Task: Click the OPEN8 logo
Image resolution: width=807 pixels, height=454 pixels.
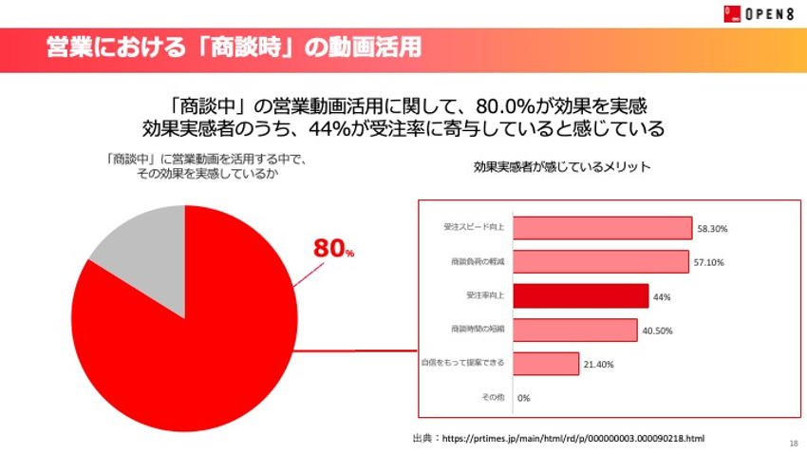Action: (757, 13)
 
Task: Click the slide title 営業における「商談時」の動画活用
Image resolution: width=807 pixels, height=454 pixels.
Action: (234, 47)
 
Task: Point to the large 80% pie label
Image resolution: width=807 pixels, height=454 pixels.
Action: (333, 248)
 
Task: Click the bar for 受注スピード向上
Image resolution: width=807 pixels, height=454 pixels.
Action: (603, 228)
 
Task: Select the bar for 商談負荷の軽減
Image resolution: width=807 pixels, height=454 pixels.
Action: (601, 262)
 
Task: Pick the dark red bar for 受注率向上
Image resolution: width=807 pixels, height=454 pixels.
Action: (581, 295)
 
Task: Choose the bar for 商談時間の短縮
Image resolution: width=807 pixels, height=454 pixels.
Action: (575, 330)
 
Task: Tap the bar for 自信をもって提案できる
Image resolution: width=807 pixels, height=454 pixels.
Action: (546, 363)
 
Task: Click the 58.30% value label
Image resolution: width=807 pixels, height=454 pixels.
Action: (712, 229)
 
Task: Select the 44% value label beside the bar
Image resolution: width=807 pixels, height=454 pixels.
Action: (662, 296)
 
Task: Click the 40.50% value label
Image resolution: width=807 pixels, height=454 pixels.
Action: (657, 331)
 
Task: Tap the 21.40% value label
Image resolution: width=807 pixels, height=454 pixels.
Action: (599, 364)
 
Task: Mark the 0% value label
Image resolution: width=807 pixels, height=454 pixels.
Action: (523, 397)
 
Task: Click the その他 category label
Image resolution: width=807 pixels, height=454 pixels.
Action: (493, 397)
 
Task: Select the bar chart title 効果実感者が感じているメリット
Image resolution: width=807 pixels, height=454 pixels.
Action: (562, 167)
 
